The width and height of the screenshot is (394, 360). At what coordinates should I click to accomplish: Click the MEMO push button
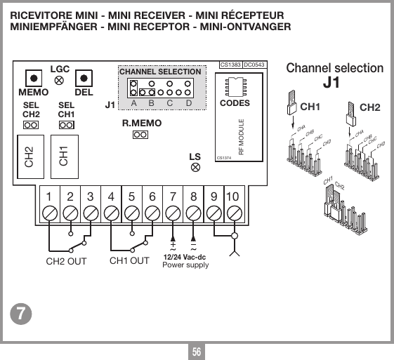click(x=32, y=78)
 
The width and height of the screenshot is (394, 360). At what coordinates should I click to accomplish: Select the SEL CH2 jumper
click(x=30, y=125)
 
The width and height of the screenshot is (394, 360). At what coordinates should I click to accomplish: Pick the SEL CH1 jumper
click(x=66, y=125)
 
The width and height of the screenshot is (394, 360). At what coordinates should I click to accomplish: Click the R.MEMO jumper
click(x=140, y=135)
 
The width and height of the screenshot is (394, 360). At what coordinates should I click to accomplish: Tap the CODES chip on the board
click(x=235, y=85)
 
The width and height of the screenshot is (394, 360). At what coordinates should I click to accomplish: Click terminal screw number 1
click(x=49, y=213)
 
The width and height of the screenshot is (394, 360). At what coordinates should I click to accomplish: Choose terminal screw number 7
click(x=173, y=213)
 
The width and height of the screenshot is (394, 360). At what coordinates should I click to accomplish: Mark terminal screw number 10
click(x=235, y=213)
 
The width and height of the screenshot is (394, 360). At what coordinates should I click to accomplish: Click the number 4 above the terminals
click(x=111, y=197)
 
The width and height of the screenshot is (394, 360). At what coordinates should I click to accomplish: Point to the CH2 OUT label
click(x=66, y=261)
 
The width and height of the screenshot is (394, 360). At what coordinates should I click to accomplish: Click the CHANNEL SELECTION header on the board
click(x=160, y=72)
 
